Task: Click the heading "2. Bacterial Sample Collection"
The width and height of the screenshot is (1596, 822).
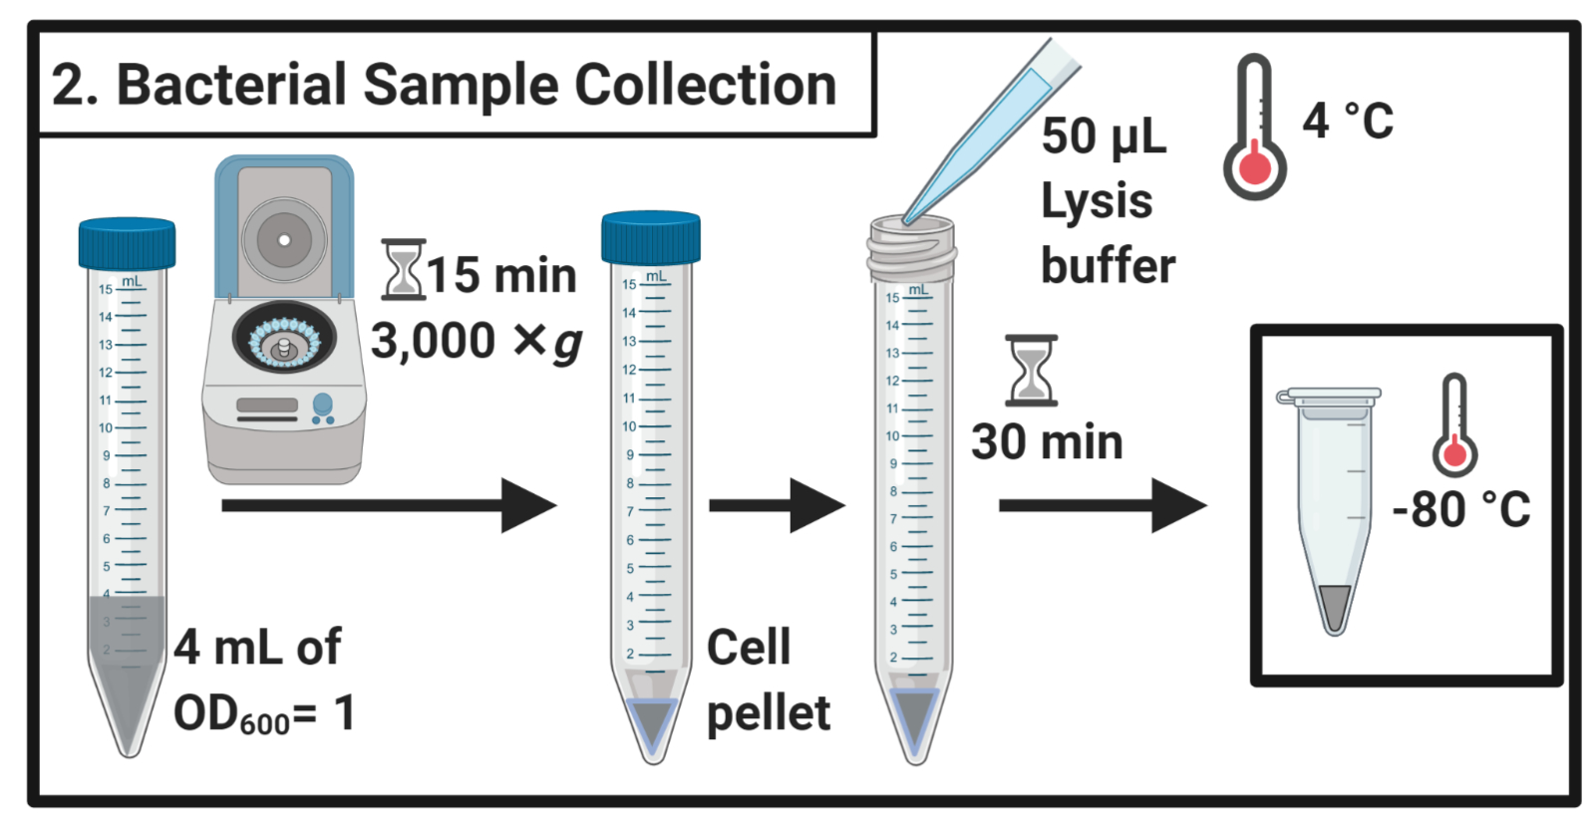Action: tap(444, 85)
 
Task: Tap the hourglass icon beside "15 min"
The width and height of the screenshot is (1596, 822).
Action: tap(403, 269)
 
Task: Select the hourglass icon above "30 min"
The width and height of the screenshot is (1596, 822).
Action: tap(1031, 371)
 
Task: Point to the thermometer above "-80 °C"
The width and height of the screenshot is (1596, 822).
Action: tap(1454, 425)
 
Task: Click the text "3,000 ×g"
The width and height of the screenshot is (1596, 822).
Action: tap(476, 342)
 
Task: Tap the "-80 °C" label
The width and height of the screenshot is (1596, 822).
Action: tap(1460, 509)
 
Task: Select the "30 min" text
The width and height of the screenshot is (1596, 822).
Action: tap(1047, 442)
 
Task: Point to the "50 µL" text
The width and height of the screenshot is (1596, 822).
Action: tap(1104, 137)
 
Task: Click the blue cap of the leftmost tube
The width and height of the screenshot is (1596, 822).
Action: tap(127, 243)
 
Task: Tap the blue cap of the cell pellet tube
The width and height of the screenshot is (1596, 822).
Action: tap(650, 238)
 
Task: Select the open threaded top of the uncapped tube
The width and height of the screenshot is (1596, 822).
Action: tap(911, 248)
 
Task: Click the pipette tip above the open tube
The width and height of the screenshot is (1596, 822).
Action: tap(987, 130)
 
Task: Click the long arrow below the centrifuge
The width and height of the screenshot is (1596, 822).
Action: tap(388, 506)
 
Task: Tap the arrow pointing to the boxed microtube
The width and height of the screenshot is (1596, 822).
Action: tap(1102, 506)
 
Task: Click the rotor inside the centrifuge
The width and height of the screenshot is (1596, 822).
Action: tap(284, 342)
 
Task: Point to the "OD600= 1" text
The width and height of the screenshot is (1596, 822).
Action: tap(264, 714)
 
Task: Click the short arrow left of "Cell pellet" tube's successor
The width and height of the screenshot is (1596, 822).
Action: tap(776, 506)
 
